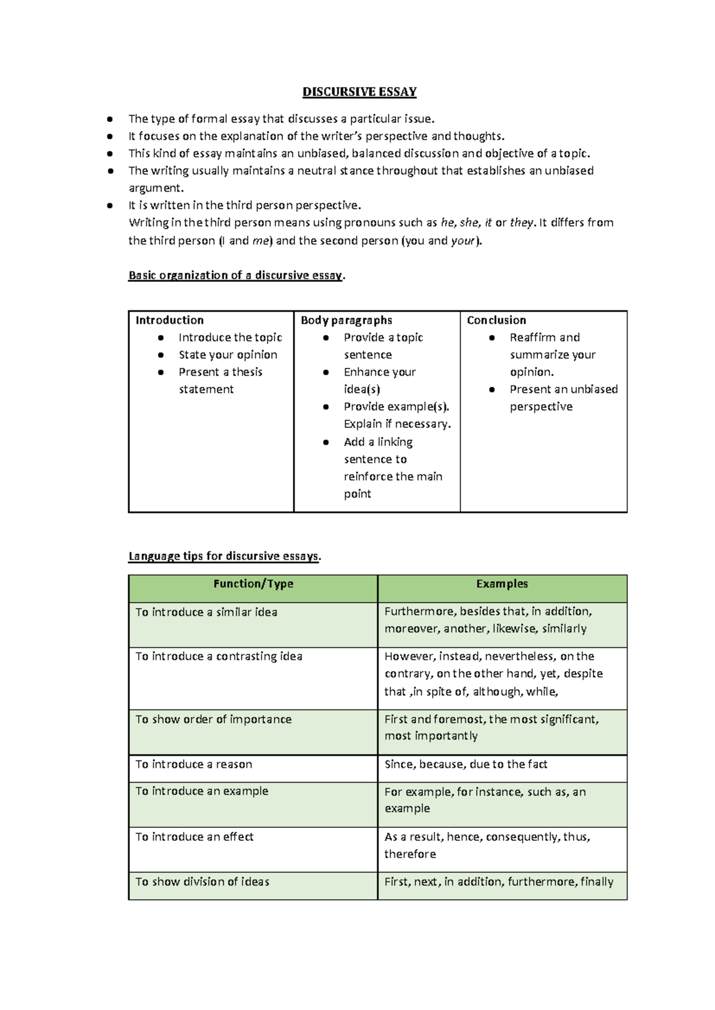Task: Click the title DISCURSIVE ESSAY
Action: pos(359,92)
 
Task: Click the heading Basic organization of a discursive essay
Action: pos(236,275)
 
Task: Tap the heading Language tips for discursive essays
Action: pos(224,556)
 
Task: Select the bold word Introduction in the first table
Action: pos(170,320)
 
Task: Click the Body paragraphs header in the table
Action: pos(346,320)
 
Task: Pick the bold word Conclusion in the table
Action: pos(496,320)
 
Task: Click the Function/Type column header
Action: pos(253,584)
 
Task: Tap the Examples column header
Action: pos(502,584)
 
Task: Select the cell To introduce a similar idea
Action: pos(206,612)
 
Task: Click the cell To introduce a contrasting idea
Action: pos(219,656)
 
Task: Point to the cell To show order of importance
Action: pos(213,719)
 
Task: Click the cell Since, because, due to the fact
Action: pos(465,764)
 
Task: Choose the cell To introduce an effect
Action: pos(194,837)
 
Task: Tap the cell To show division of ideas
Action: pos(202,882)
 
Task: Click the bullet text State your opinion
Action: pos(228,355)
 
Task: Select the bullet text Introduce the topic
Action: pos(230,338)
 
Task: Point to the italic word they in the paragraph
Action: pos(521,223)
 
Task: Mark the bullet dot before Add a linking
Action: pos(326,442)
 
